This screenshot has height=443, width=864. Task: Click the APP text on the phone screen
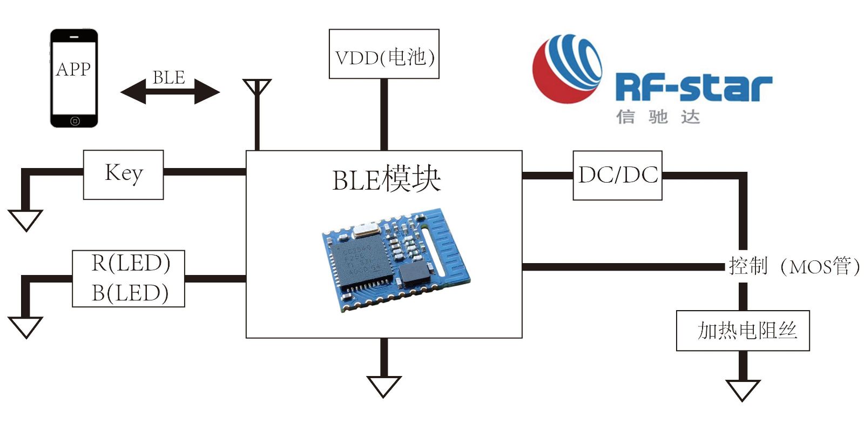click(73, 69)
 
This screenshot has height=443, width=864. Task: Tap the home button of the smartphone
click(75, 121)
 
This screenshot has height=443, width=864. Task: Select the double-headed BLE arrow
click(170, 91)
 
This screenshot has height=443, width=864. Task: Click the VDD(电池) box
click(384, 54)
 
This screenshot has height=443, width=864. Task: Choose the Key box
click(124, 174)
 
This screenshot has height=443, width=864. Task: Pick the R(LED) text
click(131, 263)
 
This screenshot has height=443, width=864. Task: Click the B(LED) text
click(130, 293)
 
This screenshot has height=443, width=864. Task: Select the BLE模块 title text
click(386, 179)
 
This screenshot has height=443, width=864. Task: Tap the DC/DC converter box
click(617, 176)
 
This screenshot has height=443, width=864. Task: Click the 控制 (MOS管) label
click(794, 266)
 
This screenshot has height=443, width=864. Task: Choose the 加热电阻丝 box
click(743, 330)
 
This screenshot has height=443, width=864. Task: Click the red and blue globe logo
click(567, 69)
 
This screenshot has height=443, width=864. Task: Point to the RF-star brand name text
click(694, 88)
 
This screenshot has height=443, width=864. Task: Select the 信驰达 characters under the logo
click(658, 117)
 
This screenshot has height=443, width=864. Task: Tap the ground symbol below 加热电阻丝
click(743, 390)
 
